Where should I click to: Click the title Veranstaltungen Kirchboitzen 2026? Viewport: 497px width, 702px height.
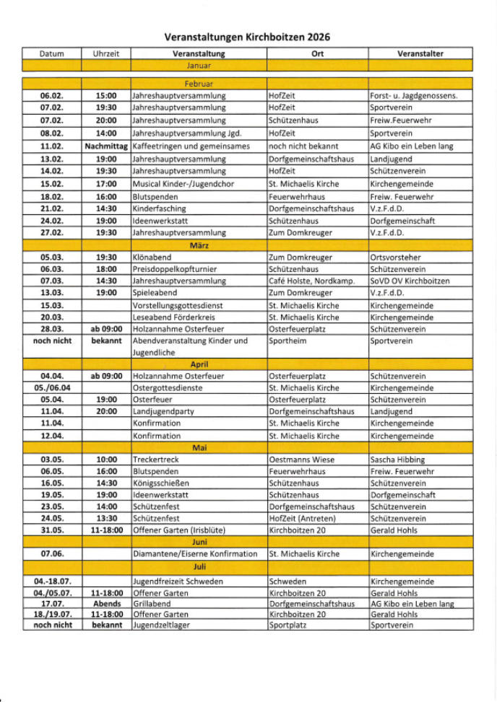[x=248, y=36]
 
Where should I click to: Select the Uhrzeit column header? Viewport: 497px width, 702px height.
[x=105, y=53]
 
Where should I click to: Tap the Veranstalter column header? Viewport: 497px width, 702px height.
[x=420, y=53]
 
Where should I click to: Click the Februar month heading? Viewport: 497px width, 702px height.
[x=199, y=84]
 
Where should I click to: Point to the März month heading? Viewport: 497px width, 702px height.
[x=199, y=245]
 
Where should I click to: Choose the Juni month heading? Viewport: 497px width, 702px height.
[x=199, y=541]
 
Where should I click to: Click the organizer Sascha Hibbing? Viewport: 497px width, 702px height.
[x=397, y=460]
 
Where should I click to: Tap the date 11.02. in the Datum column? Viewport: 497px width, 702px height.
[x=51, y=146]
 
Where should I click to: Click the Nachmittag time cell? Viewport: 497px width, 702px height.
[x=105, y=146]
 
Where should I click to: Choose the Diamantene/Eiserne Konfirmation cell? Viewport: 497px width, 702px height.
[x=195, y=554]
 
